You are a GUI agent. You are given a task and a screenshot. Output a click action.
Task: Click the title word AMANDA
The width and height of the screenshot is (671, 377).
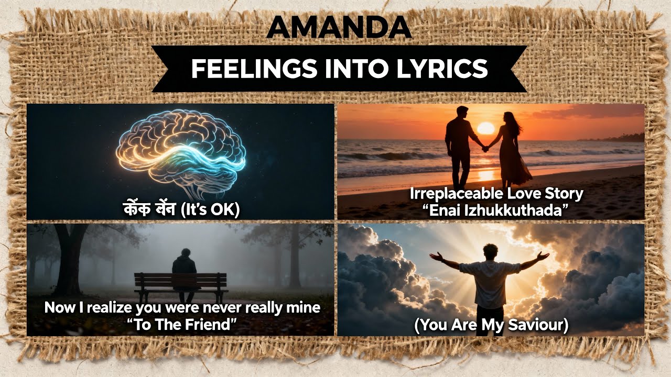339,28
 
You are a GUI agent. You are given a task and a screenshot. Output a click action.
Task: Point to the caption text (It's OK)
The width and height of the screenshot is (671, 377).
210,209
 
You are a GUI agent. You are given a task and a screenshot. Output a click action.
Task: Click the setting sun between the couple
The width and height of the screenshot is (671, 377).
485,129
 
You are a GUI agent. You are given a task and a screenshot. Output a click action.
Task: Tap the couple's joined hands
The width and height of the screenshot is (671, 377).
485,149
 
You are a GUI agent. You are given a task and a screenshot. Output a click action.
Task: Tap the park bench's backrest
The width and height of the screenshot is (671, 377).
181,280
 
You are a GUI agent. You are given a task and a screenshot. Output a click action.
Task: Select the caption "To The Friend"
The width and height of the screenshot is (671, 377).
181,325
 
